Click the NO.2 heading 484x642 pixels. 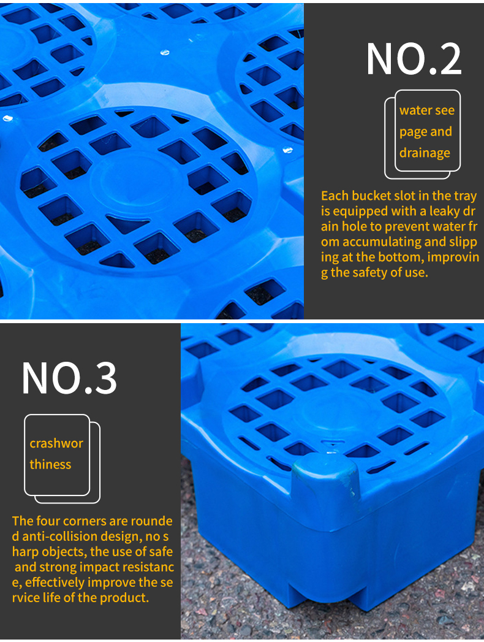coord(414,59)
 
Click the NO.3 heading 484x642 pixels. coord(69,378)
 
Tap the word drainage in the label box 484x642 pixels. coord(425,153)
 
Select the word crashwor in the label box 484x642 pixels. coord(56,443)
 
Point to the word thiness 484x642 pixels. coord(50,464)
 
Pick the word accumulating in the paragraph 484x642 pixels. coord(381,242)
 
